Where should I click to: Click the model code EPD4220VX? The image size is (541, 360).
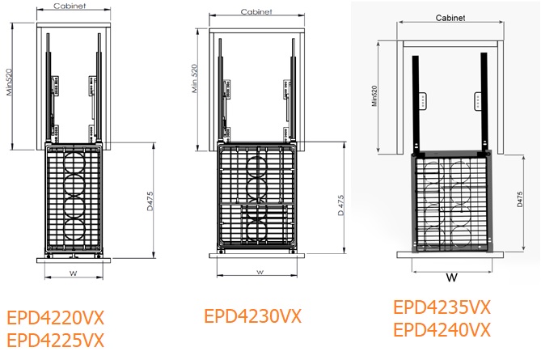coord(56,316)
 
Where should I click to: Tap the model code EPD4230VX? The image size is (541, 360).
coord(252,316)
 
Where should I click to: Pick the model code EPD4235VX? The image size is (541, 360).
coord(442,307)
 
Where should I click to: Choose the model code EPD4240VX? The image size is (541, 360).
coord(442,330)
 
